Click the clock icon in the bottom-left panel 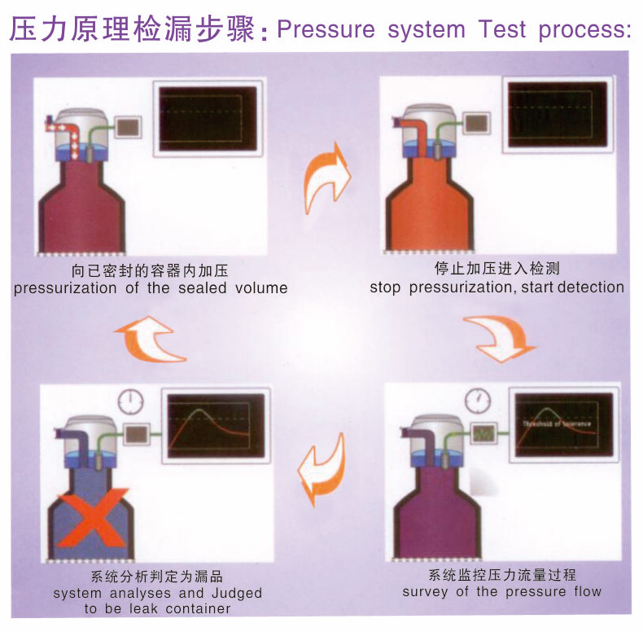point(129,402)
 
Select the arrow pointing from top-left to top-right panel point(327,177)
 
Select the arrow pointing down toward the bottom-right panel point(498,336)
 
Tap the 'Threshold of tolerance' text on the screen point(558,424)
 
